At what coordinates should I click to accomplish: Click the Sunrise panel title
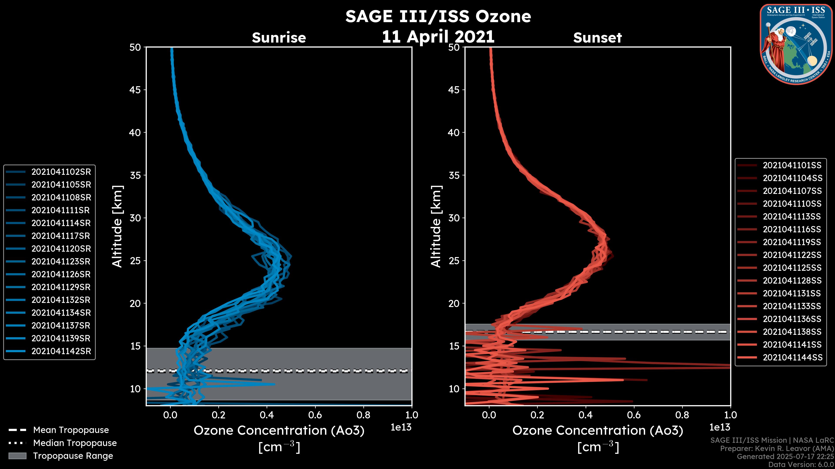point(279,38)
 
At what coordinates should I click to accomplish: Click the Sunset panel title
point(597,38)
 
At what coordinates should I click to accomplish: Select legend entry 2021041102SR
point(61,172)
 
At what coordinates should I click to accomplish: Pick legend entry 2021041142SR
point(61,351)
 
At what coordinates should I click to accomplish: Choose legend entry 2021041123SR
point(61,261)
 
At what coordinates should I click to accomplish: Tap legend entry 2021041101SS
point(792,165)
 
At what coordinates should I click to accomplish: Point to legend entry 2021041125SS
point(792,268)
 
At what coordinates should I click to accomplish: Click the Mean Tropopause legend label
point(71,430)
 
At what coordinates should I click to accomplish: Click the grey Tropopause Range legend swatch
point(17,456)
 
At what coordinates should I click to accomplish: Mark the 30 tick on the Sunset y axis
point(454,218)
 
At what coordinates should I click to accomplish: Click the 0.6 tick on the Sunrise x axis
point(315,415)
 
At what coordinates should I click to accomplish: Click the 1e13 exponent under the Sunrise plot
point(401,427)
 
